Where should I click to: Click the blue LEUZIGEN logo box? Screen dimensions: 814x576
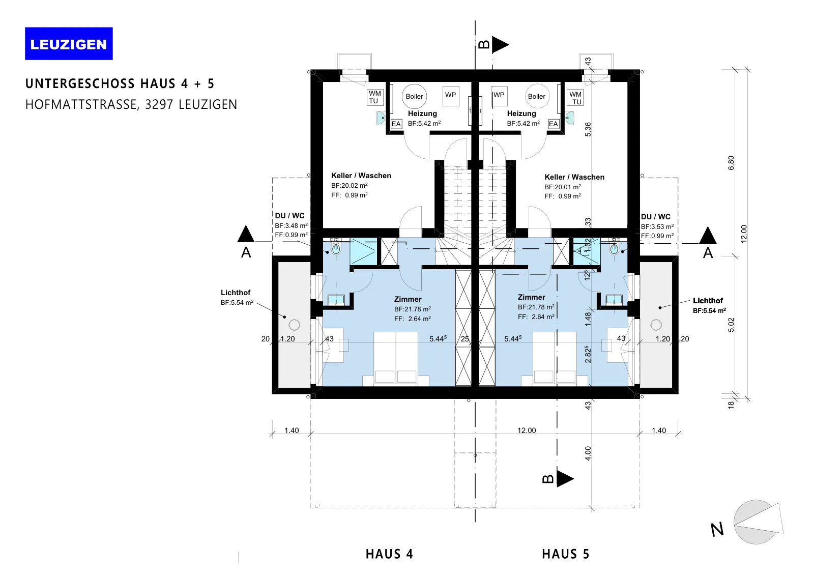69,44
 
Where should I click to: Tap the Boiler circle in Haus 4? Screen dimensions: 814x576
414,96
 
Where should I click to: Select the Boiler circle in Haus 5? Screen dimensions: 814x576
537,96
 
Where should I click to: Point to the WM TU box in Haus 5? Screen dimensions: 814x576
575,98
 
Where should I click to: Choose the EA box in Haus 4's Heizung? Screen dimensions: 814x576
396,124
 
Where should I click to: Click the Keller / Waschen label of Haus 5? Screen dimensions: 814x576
574,177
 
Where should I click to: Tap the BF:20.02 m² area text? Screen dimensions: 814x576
349,185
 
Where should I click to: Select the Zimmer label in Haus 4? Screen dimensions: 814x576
408,299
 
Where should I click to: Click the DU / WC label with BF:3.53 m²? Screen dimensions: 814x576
656,217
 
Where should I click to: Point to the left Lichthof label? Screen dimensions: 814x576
236,293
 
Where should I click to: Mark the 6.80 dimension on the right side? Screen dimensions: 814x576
731,163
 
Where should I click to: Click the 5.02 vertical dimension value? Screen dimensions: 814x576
731,325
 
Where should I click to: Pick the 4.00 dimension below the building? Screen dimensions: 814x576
588,453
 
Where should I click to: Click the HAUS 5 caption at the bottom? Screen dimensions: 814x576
565,554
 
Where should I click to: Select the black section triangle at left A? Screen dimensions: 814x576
246,234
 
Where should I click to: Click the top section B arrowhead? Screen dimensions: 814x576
501,45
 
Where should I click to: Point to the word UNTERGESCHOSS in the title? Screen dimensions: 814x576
80,84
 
